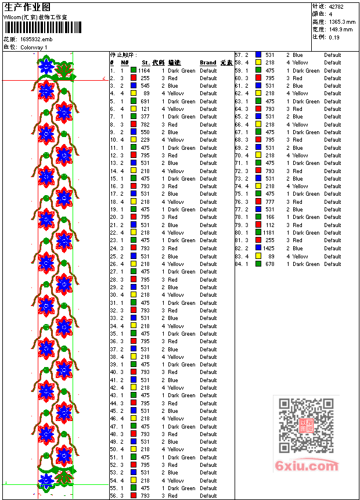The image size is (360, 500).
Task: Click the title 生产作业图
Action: coord(27,7)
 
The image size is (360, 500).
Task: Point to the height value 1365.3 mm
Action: coord(342,21)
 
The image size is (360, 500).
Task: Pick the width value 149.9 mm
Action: coord(341,29)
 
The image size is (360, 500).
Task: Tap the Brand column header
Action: coord(208,63)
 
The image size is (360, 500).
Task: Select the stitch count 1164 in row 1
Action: coord(143,70)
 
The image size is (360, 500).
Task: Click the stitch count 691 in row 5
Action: coord(145,101)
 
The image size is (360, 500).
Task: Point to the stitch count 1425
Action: coord(268,249)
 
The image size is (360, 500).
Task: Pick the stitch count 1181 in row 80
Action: coord(268,233)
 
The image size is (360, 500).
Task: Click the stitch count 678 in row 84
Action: coord(270,264)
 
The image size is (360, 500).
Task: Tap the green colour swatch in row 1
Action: coord(134,70)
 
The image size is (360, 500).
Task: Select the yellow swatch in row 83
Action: coord(258,256)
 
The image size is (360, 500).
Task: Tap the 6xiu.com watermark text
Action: coord(307,466)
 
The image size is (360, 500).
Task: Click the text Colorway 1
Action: coord(34,47)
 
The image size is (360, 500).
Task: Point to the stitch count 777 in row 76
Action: coord(270,202)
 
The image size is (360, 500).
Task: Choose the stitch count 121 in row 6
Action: coord(145,109)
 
